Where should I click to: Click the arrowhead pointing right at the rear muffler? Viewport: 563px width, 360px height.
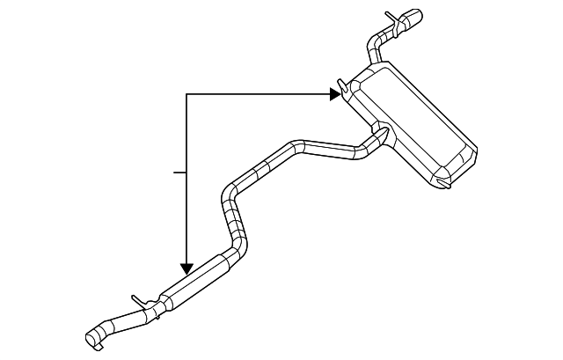click(x=335, y=93)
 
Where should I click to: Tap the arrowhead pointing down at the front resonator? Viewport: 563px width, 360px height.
click(x=186, y=267)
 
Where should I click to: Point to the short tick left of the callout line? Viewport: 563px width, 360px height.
click(x=179, y=173)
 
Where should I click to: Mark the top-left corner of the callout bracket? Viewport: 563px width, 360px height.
click(x=186, y=93)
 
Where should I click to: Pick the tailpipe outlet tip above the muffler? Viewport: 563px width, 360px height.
click(x=411, y=18)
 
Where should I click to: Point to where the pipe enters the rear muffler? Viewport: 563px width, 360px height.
click(x=383, y=135)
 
